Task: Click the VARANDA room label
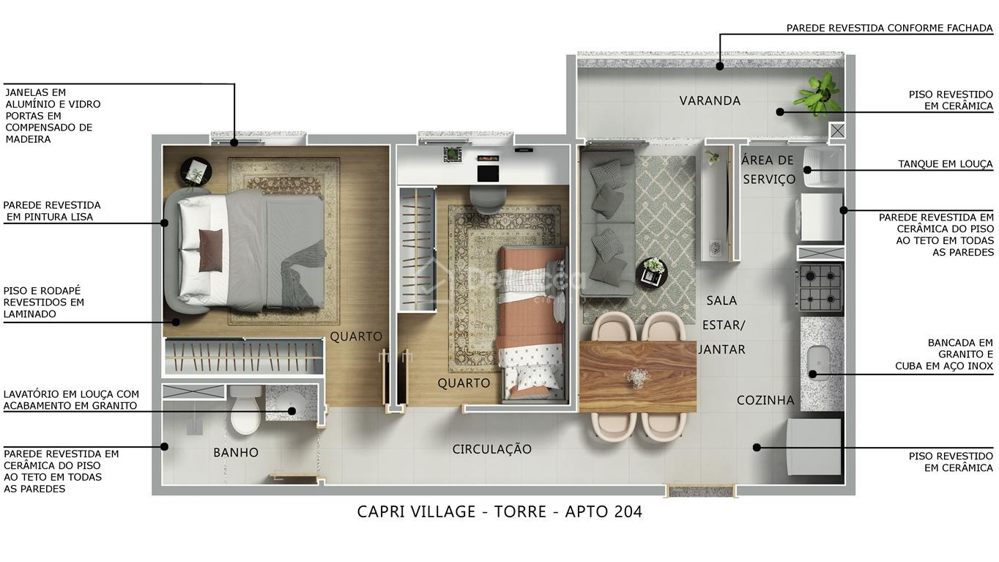tap(710, 101)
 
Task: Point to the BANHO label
tap(236, 453)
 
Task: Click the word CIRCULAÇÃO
tap(492, 448)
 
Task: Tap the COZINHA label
tap(765, 400)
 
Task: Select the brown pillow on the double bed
tap(210, 250)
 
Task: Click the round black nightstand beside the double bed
tap(196, 172)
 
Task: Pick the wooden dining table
tap(638, 377)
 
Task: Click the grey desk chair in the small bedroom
tap(488, 199)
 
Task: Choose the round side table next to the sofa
tap(652, 273)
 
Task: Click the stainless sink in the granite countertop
tap(818, 362)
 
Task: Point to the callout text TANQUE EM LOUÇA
tap(946, 164)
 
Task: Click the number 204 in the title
tap(628, 511)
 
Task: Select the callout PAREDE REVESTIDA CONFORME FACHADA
tap(889, 28)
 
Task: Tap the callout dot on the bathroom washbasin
tap(291, 411)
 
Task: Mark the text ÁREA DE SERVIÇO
tap(768, 169)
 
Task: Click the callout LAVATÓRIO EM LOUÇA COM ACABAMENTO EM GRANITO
tap(71, 399)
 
